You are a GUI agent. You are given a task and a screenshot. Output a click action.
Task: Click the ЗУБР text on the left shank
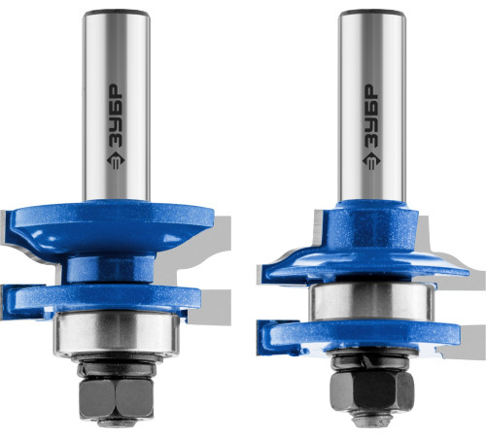click(116, 117)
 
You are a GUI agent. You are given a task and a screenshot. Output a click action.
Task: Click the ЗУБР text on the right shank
click(371, 117)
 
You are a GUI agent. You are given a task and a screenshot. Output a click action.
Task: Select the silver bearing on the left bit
click(116, 333)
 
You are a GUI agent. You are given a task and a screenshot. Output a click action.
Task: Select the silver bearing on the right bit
click(372, 302)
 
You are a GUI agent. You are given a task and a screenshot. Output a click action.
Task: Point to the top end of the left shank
click(117, 13)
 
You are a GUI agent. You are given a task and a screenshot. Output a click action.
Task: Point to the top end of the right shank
click(372, 13)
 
